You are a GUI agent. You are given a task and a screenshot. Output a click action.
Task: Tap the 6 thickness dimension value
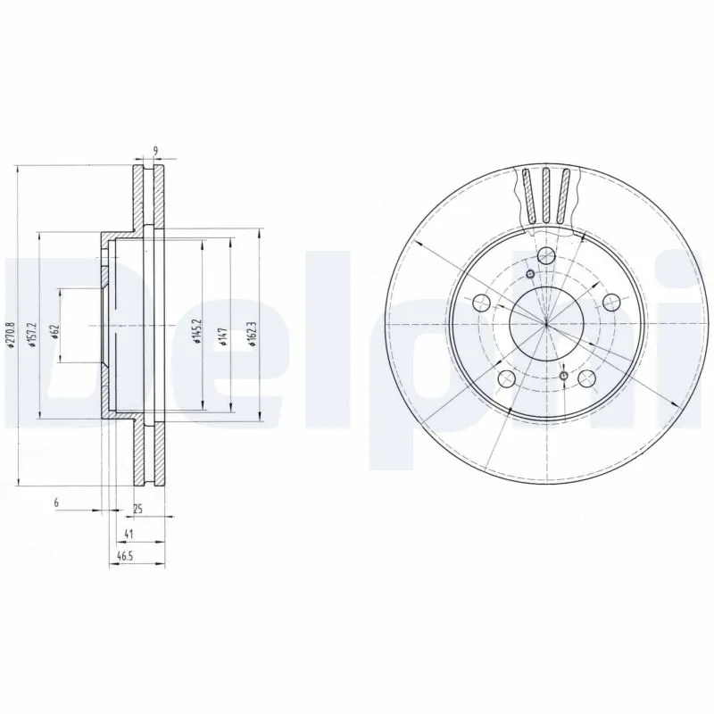point(56,504)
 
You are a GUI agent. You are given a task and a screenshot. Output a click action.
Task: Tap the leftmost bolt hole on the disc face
point(482,303)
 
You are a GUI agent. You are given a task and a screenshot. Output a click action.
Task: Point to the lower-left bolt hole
point(506,378)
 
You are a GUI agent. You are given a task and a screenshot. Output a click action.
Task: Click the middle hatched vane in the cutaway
point(546,195)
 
